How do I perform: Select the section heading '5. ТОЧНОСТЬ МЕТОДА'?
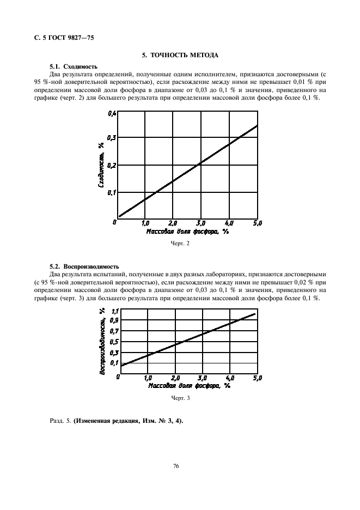pyautogui.click(x=180, y=56)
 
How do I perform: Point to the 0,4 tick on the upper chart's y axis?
pyautogui.click(x=112, y=113)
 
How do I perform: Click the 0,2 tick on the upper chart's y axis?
pyautogui.click(x=112, y=165)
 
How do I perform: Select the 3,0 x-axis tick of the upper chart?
pyautogui.click(x=200, y=223)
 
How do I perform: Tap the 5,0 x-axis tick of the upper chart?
pyautogui.click(x=257, y=223)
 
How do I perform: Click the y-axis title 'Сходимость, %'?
pyautogui.click(x=101, y=165)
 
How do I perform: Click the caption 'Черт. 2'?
pyautogui.click(x=180, y=244)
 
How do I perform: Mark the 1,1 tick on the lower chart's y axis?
pyautogui.click(x=114, y=311)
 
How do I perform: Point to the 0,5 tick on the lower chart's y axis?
pyautogui.click(x=114, y=342)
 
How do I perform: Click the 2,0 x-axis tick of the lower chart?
pyautogui.click(x=174, y=378)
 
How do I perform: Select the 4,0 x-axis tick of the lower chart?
pyautogui.click(x=229, y=378)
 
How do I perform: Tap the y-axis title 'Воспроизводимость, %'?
pyautogui.click(x=102, y=341)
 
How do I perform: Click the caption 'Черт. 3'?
pyautogui.click(x=180, y=398)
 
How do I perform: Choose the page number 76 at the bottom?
pyautogui.click(x=176, y=466)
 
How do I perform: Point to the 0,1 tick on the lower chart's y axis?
pyautogui.click(x=114, y=362)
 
